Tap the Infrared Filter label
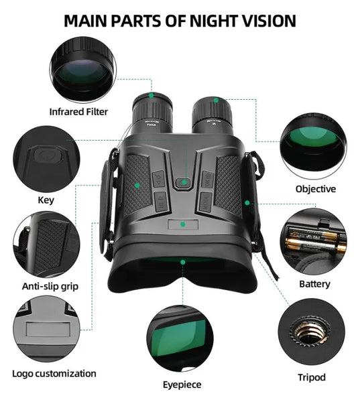[78, 112]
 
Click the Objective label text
[316, 189]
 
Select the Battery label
[314, 284]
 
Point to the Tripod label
[312, 377]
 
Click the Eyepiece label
[182, 385]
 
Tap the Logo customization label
[54, 374]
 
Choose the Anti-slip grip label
[50, 286]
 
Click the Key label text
[46, 200]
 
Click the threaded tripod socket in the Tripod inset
[310, 332]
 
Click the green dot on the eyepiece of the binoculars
[183, 262]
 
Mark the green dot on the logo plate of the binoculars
[183, 224]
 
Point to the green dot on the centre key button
[184, 182]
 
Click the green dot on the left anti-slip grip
[137, 186]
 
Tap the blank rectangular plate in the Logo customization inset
[48, 329]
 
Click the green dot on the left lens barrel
[151, 96]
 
